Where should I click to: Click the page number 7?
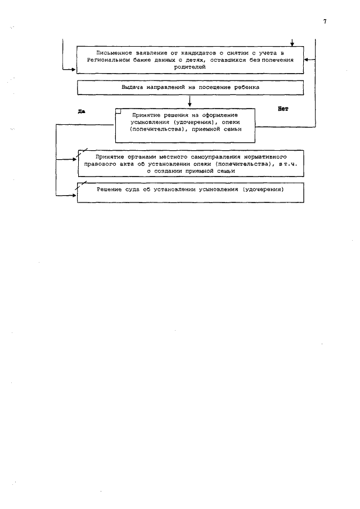pos(325,21)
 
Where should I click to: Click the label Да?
pos(81,111)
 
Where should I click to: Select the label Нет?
pos(282,109)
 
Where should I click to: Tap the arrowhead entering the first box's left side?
pos(73,70)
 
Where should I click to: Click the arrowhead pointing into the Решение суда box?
pos(73,195)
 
